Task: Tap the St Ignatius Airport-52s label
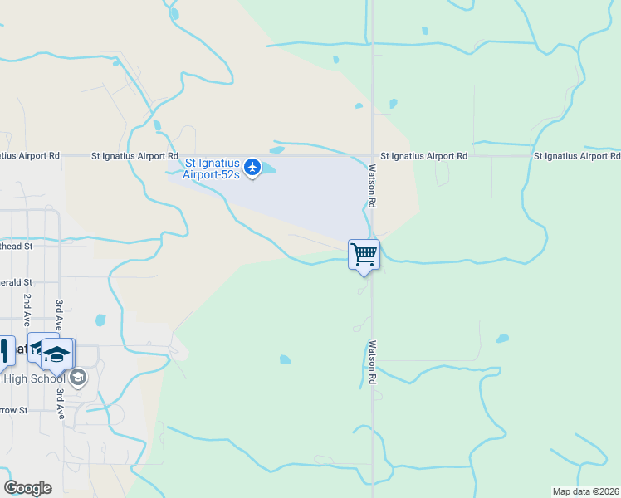(212, 168)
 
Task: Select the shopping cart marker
(364, 254)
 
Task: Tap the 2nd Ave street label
(27, 309)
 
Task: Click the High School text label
(34, 379)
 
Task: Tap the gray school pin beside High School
(78, 378)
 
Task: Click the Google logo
(27, 488)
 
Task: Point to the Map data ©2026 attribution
(585, 491)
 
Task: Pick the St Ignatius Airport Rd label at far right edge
(576, 155)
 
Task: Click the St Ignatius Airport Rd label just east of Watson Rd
(423, 155)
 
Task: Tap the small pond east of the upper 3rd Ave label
(100, 320)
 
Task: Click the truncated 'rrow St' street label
(14, 410)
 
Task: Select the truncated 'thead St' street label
(16, 246)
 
